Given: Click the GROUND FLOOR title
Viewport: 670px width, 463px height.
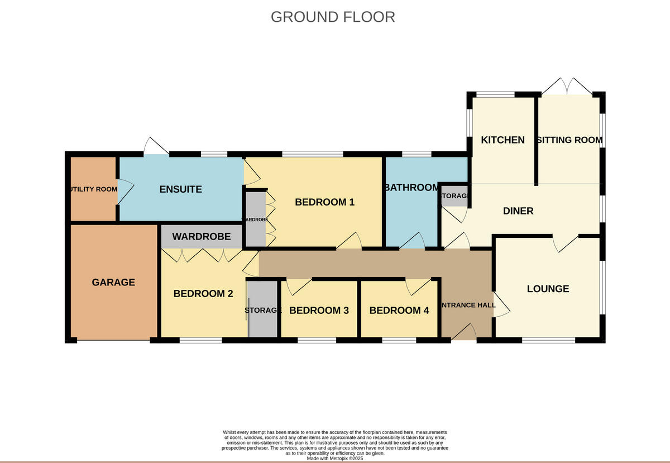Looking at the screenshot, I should pyautogui.click(x=333, y=17).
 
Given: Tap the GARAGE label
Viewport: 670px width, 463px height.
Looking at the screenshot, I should pyautogui.click(x=113, y=282).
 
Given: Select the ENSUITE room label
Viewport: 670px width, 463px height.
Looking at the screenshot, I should pyautogui.click(x=180, y=189).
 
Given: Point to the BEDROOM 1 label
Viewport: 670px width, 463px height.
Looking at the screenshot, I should pyautogui.click(x=324, y=202).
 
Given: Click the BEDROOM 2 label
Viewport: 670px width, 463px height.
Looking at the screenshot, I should pyautogui.click(x=203, y=293).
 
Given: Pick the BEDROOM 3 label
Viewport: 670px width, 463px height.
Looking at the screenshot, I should pyautogui.click(x=319, y=310).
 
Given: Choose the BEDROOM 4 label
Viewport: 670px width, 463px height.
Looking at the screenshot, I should pyautogui.click(x=399, y=310).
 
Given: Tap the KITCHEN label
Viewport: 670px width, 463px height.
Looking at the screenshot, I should pyautogui.click(x=503, y=140).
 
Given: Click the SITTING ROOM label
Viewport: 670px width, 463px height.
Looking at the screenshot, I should pyautogui.click(x=569, y=140).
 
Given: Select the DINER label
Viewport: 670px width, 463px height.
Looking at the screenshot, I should pyautogui.click(x=518, y=211).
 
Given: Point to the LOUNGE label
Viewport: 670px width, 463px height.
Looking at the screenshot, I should pyautogui.click(x=548, y=289).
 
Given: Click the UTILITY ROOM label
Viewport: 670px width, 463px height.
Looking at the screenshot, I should pyautogui.click(x=92, y=189).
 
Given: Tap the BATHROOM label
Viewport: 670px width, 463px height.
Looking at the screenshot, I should pyautogui.click(x=412, y=187).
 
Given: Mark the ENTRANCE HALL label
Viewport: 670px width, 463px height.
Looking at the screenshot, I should pyautogui.click(x=468, y=305).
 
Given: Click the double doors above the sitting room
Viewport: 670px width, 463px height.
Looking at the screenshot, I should pyautogui.click(x=567, y=87).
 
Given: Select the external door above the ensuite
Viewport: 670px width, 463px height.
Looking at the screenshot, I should pyautogui.click(x=156, y=146).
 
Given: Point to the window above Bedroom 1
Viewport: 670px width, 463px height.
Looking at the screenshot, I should pyautogui.click(x=312, y=154).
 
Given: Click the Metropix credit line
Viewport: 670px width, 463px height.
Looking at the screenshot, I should pyautogui.click(x=335, y=458).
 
